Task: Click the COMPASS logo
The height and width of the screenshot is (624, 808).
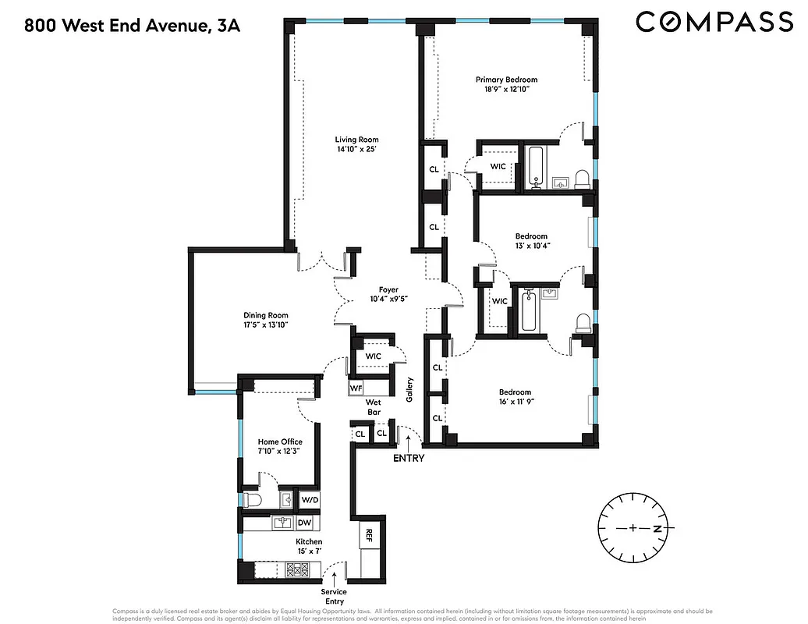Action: [x=714, y=22]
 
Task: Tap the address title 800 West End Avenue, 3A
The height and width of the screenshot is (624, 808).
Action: [x=132, y=26]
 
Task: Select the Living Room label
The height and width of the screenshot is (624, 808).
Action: [x=357, y=140]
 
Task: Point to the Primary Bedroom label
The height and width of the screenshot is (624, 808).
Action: [x=506, y=80]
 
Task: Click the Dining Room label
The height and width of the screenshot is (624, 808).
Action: [x=266, y=316]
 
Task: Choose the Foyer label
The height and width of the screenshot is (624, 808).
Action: [x=388, y=289]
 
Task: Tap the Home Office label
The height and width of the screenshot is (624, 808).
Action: [x=279, y=441]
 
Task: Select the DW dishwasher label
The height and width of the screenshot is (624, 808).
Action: [x=305, y=523]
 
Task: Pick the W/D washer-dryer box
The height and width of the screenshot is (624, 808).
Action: [x=310, y=499]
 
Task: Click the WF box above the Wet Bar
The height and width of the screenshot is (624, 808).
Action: [x=356, y=387]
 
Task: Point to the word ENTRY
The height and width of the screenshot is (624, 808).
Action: [x=409, y=458]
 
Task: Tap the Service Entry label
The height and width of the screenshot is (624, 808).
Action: [x=334, y=597]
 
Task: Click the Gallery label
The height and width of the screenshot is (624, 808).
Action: [x=409, y=390]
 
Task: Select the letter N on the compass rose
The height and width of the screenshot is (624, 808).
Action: [x=657, y=529]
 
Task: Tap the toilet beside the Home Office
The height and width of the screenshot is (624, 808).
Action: [x=252, y=499]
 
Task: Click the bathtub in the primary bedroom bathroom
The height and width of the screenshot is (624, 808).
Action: [x=536, y=166]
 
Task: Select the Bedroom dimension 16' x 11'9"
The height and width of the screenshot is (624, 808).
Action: [x=515, y=402]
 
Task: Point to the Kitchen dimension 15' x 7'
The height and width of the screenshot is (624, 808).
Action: [x=308, y=551]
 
